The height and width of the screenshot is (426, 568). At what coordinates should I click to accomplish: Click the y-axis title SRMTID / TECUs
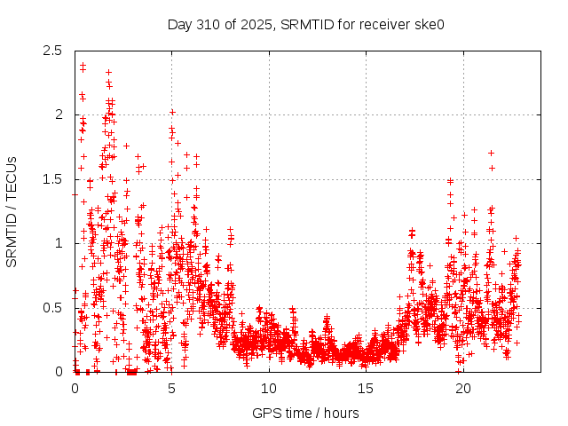coord(12,211)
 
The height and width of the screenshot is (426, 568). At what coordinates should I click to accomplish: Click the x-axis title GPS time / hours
coord(305,413)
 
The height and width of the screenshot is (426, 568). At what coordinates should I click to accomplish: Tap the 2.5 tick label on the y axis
coord(54,51)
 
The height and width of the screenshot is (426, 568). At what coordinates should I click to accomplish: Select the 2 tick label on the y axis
coord(59,114)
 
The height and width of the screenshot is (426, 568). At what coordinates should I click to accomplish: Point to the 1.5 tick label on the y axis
coord(54,179)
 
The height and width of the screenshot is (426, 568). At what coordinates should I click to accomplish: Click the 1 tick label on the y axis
coord(59,243)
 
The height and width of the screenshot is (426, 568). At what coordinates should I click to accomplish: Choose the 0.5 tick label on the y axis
coord(54,308)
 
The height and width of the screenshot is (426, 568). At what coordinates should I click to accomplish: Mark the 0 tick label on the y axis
coord(59,372)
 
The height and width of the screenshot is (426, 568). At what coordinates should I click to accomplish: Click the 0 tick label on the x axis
coord(75,389)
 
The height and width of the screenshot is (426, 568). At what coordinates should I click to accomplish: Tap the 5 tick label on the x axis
coord(172,389)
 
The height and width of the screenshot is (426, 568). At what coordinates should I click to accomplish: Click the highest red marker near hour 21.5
coord(491,154)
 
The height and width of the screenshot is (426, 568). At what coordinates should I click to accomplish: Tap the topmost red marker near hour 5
coord(172,113)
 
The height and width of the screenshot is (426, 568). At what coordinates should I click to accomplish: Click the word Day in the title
coord(180,24)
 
